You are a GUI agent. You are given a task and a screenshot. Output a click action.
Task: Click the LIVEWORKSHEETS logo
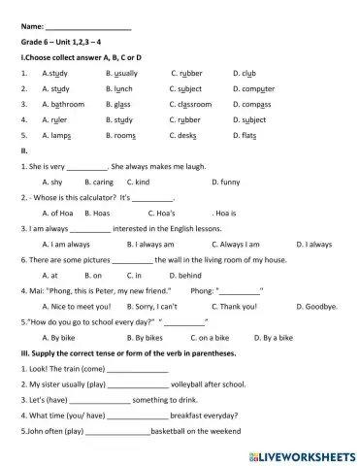[x=302, y=452]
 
